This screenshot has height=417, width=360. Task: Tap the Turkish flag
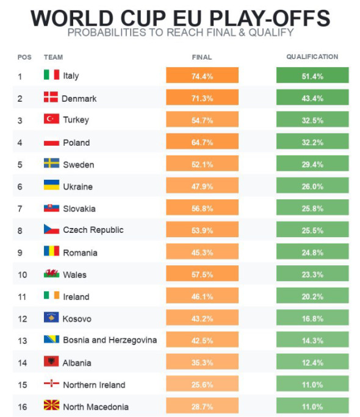pyautogui.click(x=51, y=119)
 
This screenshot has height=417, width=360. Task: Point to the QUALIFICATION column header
pyautogui.click(x=312, y=57)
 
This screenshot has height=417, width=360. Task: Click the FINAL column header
pyautogui.click(x=202, y=57)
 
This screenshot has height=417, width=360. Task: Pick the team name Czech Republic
pyautogui.click(x=93, y=230)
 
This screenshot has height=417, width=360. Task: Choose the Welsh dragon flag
pyautogui.click(x=51, y=273)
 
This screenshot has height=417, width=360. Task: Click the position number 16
pyautogui.click(x=23, y=407)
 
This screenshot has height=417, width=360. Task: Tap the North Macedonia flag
pyautogui.click(x=51, y=405)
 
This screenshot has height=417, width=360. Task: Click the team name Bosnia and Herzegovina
pyautogui.click(x=110, y=340)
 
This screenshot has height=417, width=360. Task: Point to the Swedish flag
pyautogui.click(x=51, y=163)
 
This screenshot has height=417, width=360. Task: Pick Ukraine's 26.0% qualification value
pyautogui.click(x=312, y=187)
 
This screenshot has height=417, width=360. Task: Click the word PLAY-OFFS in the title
pyautogui.click(x=270, y=18)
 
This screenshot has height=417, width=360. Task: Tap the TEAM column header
pyautogui.click(x=53, y=57)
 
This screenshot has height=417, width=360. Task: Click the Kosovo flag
pyautogui.click(x=51, y=317)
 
